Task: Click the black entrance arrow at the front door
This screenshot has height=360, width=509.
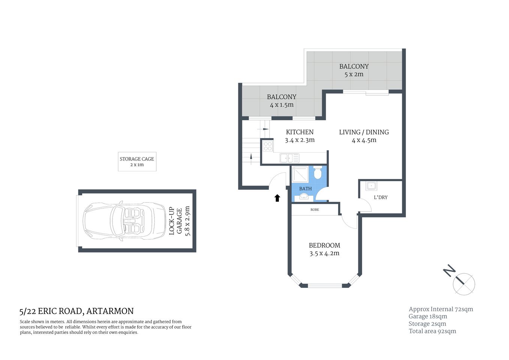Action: pos(277,198)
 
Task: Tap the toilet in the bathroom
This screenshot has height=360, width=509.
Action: pos(318,174)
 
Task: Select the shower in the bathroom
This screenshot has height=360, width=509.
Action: pos(300,174)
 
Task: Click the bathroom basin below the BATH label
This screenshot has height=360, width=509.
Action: pos(304,196)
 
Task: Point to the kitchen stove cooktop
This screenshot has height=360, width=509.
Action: pos(268,146)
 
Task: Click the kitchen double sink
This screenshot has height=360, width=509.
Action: pos(289,158)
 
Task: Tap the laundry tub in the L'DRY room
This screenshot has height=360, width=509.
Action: pos(371,186)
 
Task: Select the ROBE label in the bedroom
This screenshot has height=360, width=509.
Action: pos(315,210)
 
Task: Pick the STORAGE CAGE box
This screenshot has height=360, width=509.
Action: pos(137,162)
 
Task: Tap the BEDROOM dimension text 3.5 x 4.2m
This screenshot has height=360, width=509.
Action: pos(324,253)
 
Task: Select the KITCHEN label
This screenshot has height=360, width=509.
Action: pos(299,132)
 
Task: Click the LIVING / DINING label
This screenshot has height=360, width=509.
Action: pos(364,132)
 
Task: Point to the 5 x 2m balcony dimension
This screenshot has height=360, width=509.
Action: pos(354,74)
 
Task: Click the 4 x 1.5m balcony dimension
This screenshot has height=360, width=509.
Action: pos(281,105)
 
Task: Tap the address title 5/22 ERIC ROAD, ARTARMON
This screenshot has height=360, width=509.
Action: pos(76,311)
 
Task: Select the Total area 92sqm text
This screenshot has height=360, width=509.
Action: pos(432,331)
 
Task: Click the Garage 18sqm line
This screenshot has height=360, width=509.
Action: pos(428,316)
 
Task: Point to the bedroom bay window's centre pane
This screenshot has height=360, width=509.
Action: pos(325,286)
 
